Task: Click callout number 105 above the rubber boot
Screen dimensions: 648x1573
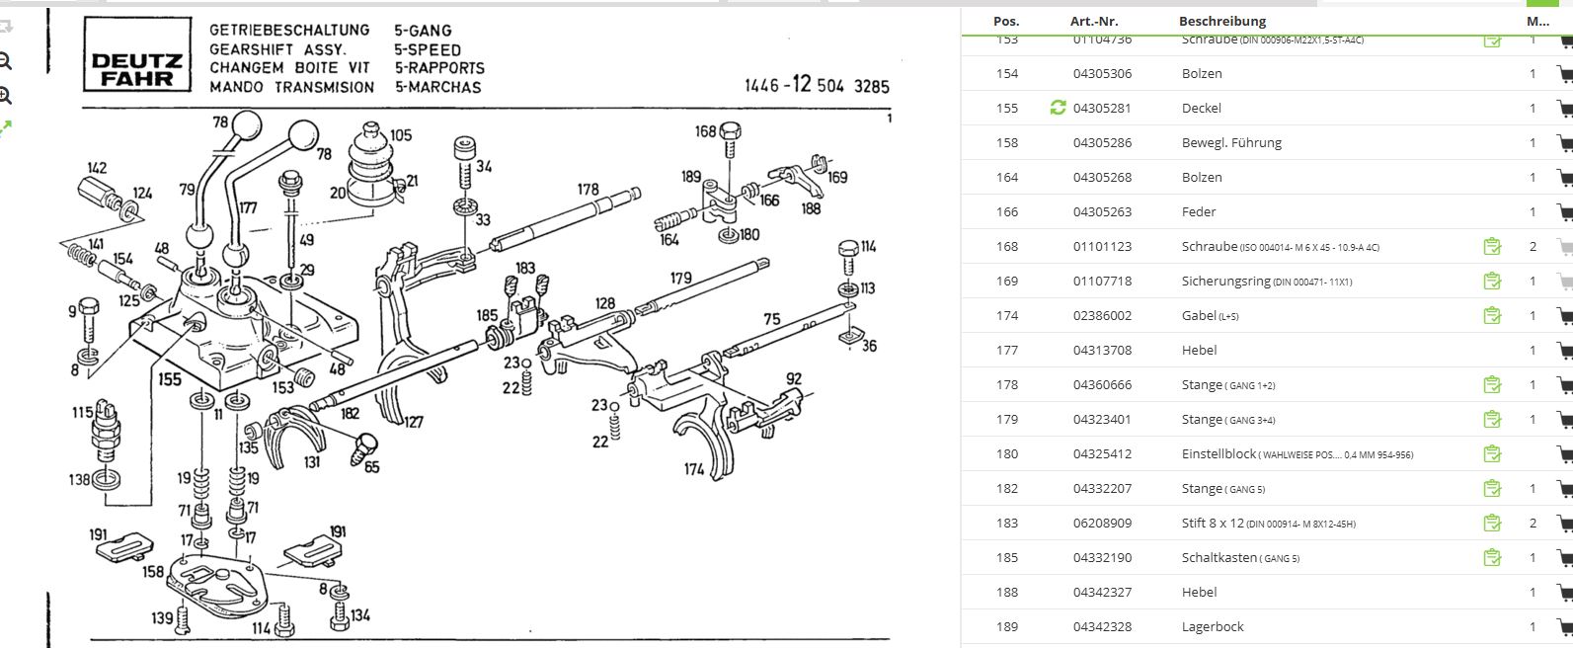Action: point(400,135)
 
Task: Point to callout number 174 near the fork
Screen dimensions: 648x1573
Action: point(695,469)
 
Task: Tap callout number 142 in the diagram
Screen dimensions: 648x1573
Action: point(97,168)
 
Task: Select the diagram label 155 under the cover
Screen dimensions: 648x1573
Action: point(170,378)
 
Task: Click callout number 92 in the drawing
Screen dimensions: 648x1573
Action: point(794,378)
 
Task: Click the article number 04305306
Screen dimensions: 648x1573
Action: point(1102,74)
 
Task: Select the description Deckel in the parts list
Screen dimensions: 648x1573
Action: point(1201,109)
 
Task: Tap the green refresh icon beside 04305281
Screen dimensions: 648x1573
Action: point(1058,108)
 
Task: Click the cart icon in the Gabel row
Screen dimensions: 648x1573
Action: point(1564,316)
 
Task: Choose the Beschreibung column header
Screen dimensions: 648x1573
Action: point(1221,21)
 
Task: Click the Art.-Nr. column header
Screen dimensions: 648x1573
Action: point(1093,21)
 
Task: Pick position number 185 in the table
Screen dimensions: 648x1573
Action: point(1006,558)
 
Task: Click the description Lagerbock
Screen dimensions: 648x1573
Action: point(1213,627)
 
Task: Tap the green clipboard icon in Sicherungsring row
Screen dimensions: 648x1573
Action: point(1492,282)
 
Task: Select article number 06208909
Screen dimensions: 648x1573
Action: point(1102,524)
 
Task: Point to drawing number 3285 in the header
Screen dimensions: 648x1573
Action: point(871,86)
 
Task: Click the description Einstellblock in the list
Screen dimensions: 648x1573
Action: point(1219,454)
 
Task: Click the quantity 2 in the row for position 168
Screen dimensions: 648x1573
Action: point(1533,247)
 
